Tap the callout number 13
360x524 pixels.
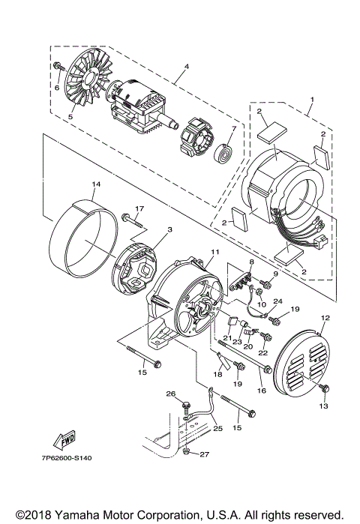325,407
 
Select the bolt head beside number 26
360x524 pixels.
184,406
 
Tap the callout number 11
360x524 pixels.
214,252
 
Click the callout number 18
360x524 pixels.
217,373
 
